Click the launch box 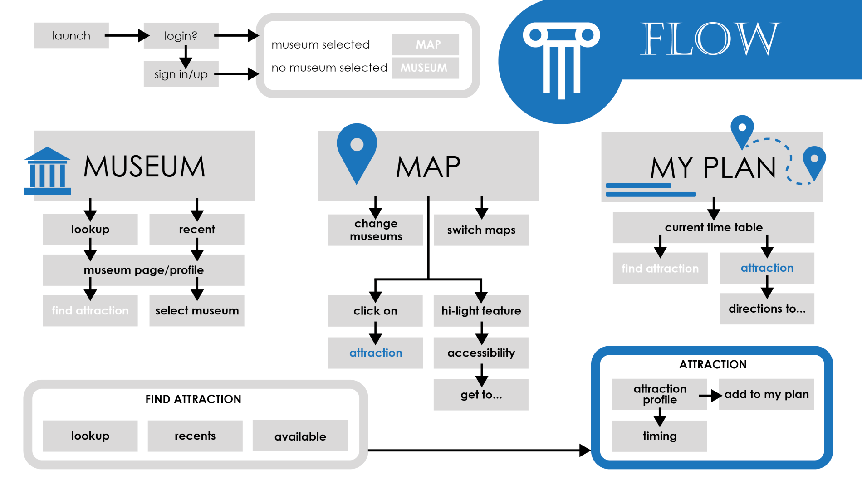(71, 35)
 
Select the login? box (181, 35)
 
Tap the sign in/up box (181, 74)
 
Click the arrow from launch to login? (127, 35)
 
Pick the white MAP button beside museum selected (426, 44)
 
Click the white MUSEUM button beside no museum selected (426, 68)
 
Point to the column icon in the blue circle (562, 59)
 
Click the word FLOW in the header (710, 39)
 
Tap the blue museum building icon (47, 171)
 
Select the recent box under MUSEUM (197, 230)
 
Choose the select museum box (197, 311)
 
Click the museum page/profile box (143, 270)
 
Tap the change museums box (376, 230)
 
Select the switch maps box (481, 230)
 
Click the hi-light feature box (481, 311)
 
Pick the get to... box (481, 395)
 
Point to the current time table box (713, 227)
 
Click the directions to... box (767, 309)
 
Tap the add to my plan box (766, 394)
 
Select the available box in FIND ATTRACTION (300, 436)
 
